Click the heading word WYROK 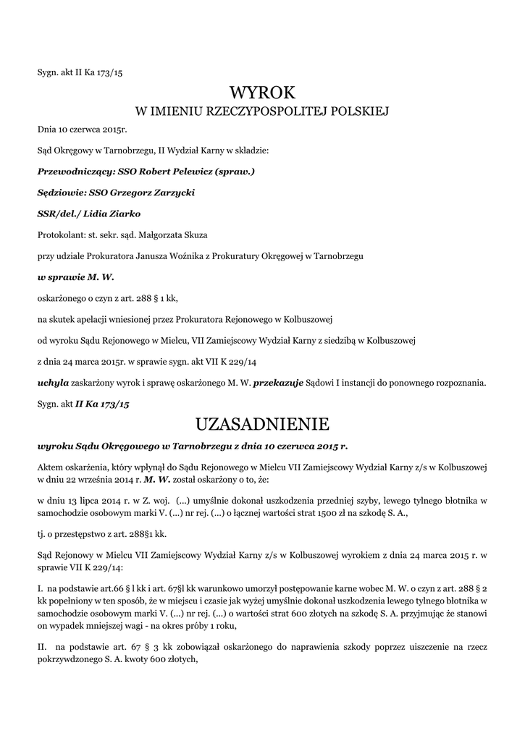point(263,92)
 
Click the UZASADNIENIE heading point(263,423)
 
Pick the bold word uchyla point(53,381)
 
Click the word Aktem point(51,465)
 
